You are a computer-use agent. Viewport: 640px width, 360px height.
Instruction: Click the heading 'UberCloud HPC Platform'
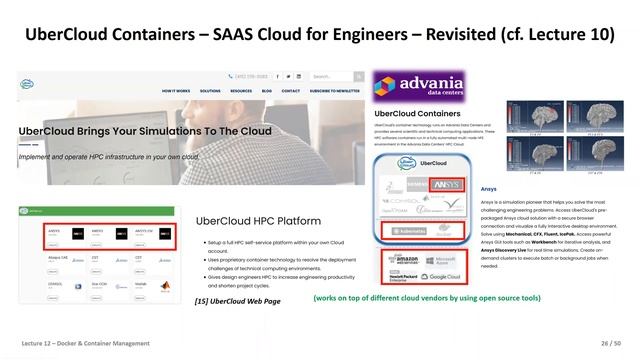tap(257, 220)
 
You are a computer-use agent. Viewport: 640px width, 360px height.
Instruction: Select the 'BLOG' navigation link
tap(267, 90)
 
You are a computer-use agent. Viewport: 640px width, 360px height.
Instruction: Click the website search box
tap(331, 76)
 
